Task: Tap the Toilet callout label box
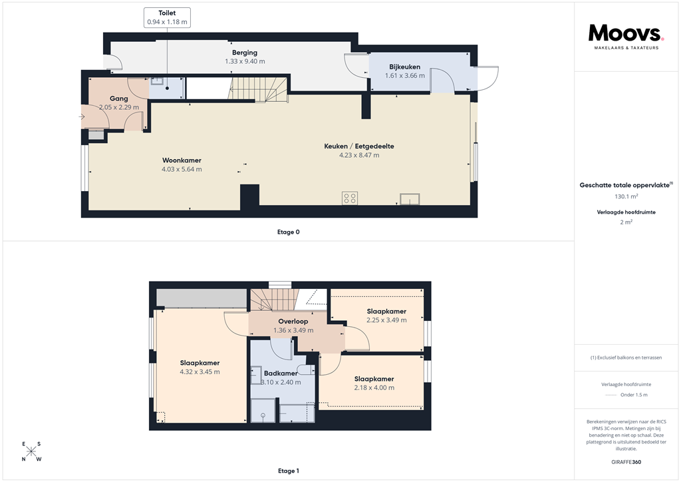167,17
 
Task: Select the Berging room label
245,53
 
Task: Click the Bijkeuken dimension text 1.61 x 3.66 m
404,76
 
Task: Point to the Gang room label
119,99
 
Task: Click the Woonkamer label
182,160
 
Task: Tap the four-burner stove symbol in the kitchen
349,198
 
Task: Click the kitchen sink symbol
410,198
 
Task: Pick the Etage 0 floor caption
289,232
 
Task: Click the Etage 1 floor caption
289,471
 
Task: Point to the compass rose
31,451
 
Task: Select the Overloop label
293,322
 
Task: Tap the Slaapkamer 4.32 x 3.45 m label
200,363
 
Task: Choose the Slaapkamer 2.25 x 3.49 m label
386,312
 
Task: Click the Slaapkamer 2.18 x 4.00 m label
374,379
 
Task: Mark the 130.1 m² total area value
625,196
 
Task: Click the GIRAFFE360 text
625,462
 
